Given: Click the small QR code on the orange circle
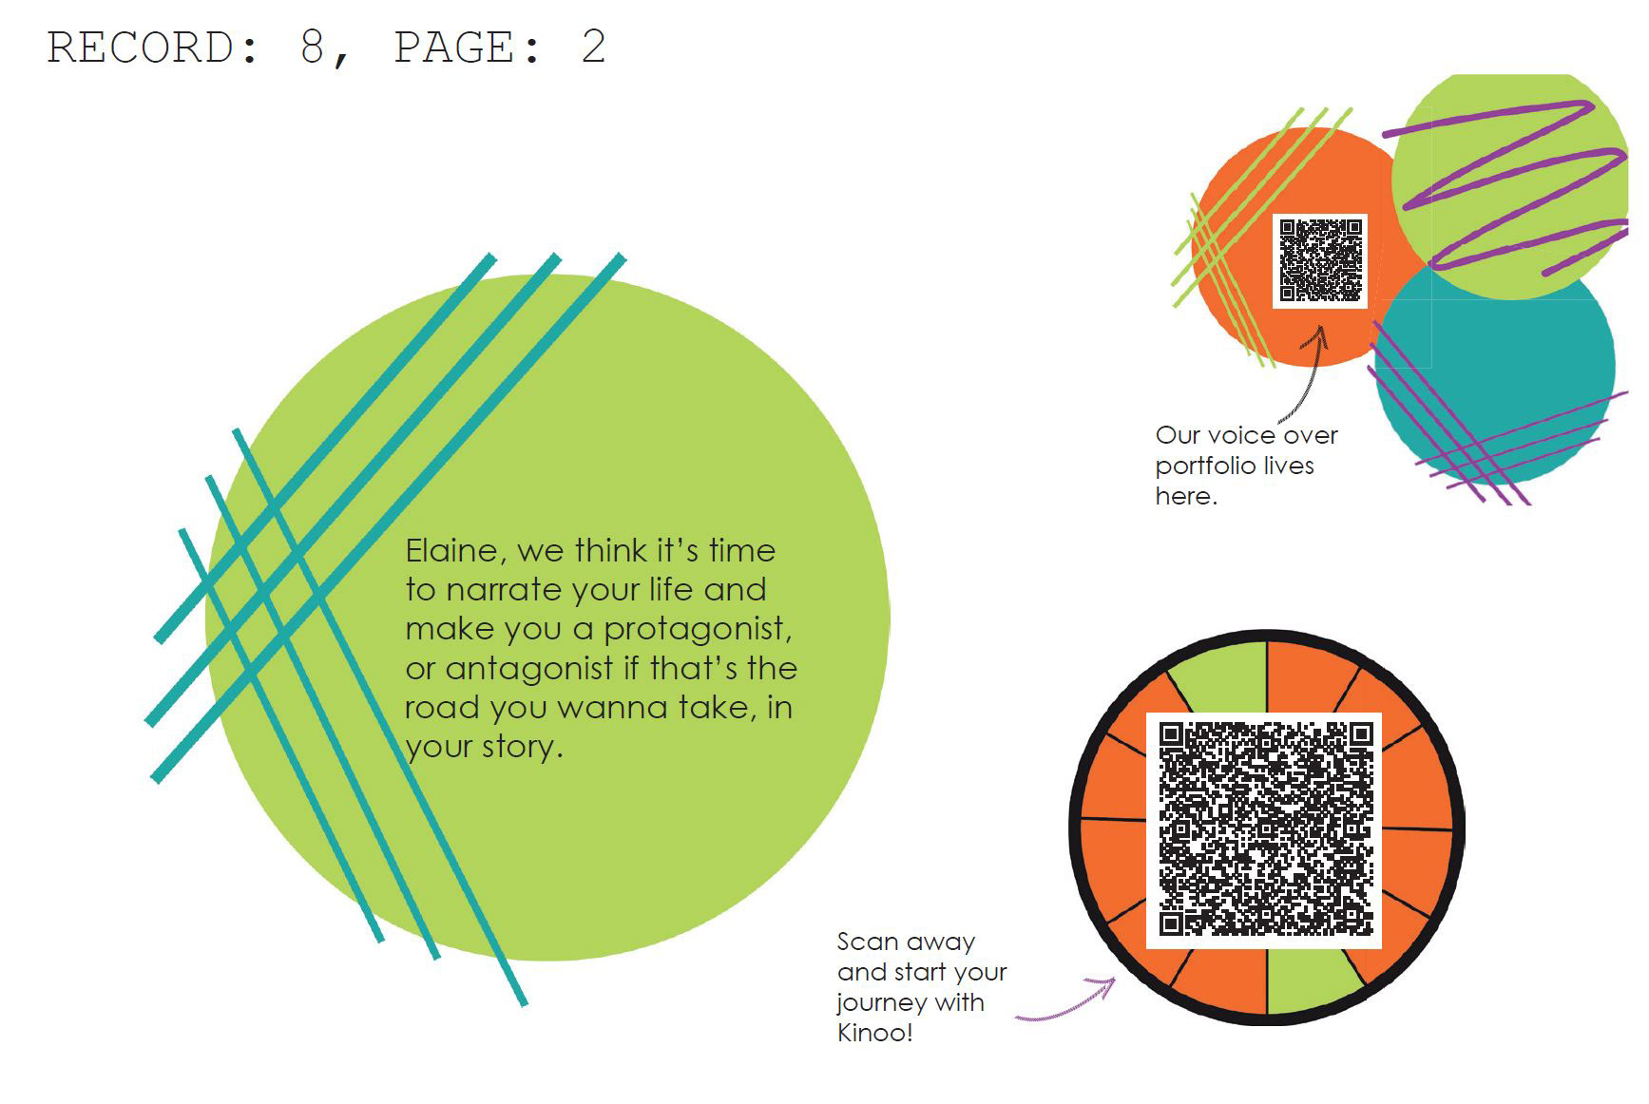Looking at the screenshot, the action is [1320, 260].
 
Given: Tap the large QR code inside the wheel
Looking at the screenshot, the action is [1265, 829].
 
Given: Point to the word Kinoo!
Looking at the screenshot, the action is [874, 1033].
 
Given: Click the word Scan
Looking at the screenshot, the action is [868, 942].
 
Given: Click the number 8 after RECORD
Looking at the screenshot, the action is [313, 48].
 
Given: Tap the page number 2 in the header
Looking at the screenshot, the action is [593, 48].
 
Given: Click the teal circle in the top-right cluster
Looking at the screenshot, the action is [1502, 380].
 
